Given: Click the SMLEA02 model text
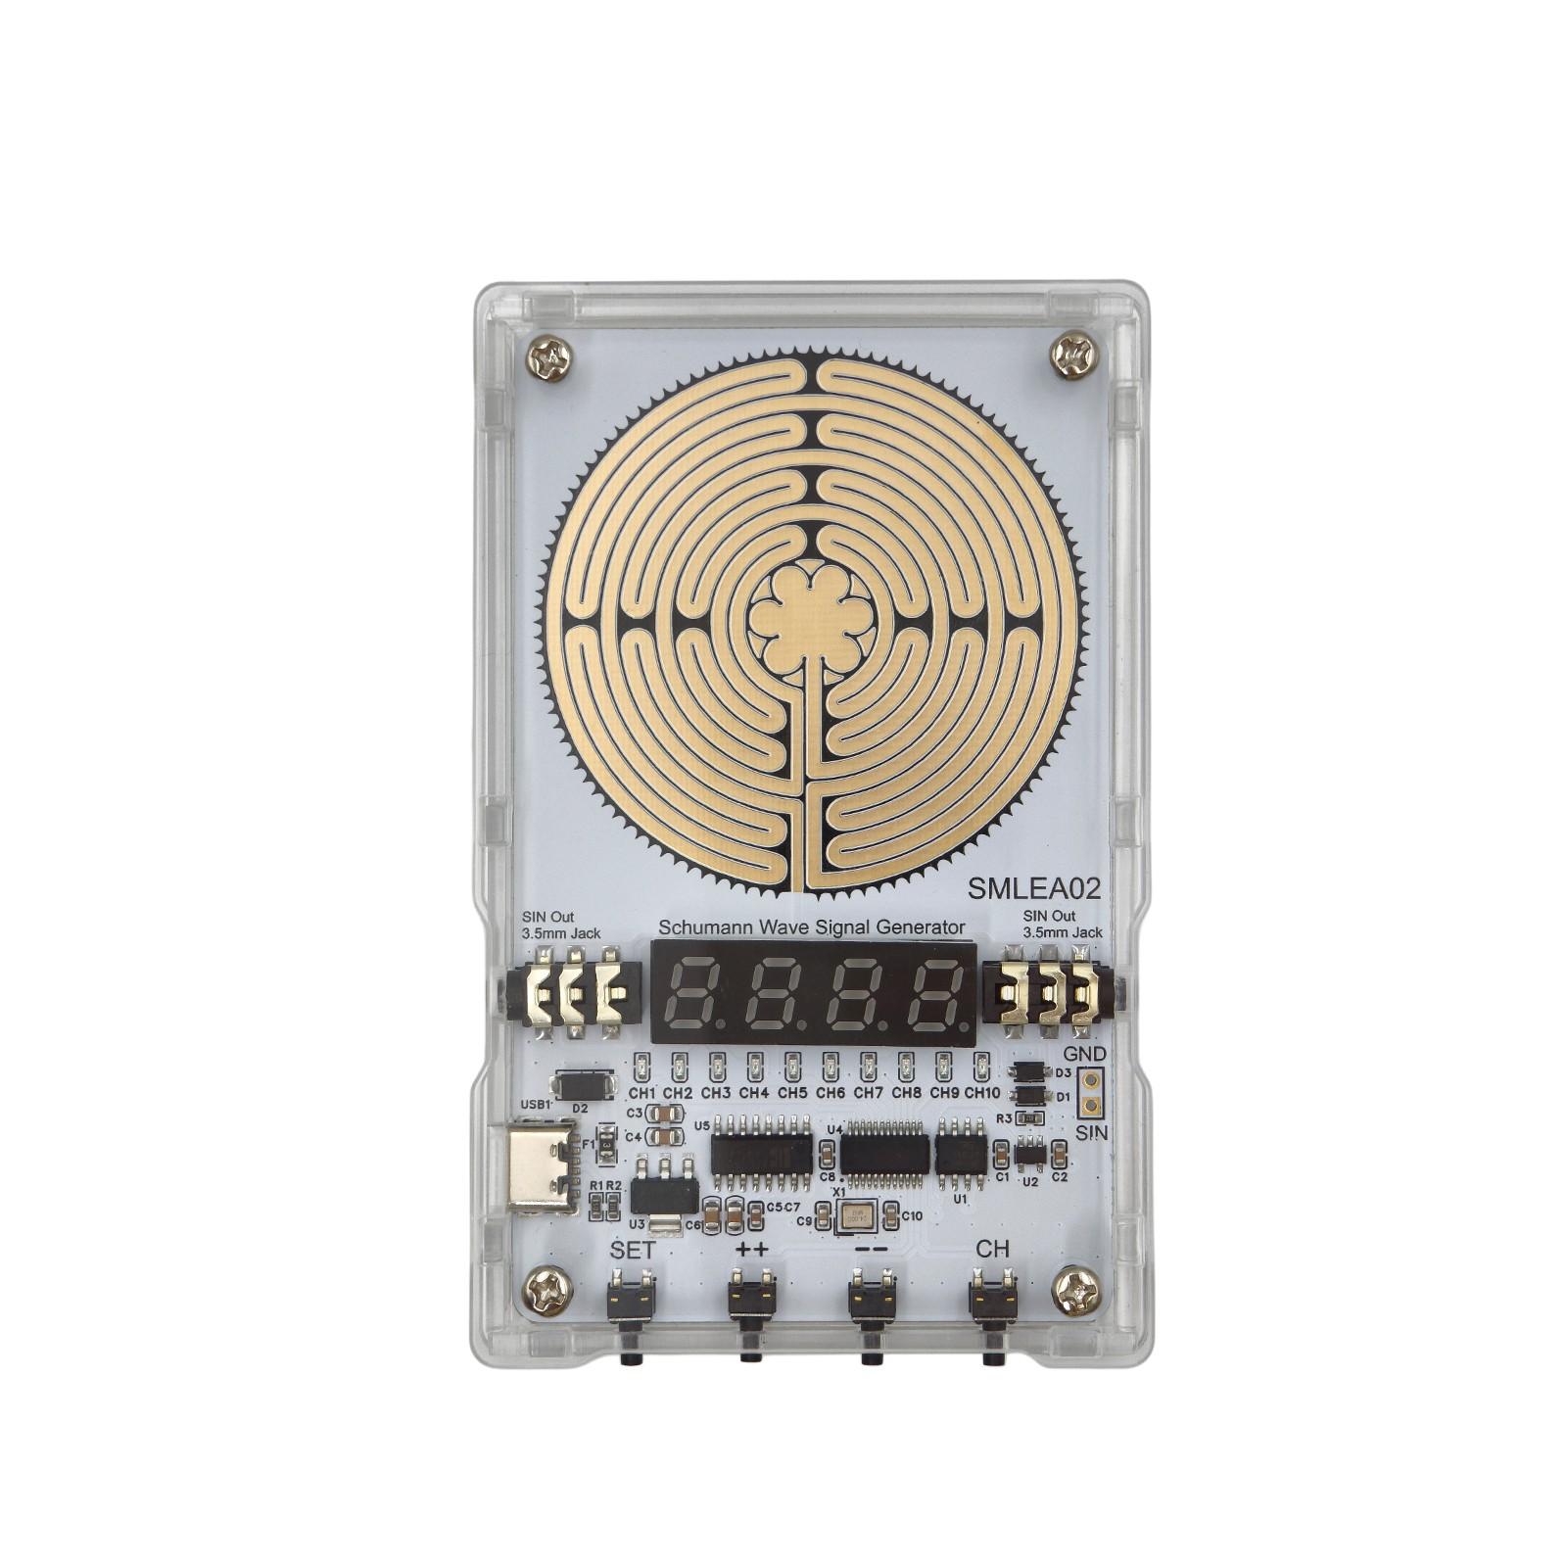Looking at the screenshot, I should coord(1034,888).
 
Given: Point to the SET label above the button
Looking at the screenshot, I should coord(633,1250).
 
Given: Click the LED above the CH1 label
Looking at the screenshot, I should coord(641,1066).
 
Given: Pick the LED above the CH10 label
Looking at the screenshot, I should coord(981,1066).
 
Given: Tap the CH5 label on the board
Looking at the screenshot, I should coord(792,1092).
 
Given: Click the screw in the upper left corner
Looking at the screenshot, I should coord(548,358).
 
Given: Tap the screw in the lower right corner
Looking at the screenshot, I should coord(1075,1293).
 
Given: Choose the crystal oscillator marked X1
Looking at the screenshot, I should coord(858,1216).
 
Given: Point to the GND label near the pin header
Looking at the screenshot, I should coord(1084,1054).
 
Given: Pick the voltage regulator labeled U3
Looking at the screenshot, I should coord(664,1193).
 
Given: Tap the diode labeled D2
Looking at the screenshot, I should coord(584,1085).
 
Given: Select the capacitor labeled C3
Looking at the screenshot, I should coord(667,1114).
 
